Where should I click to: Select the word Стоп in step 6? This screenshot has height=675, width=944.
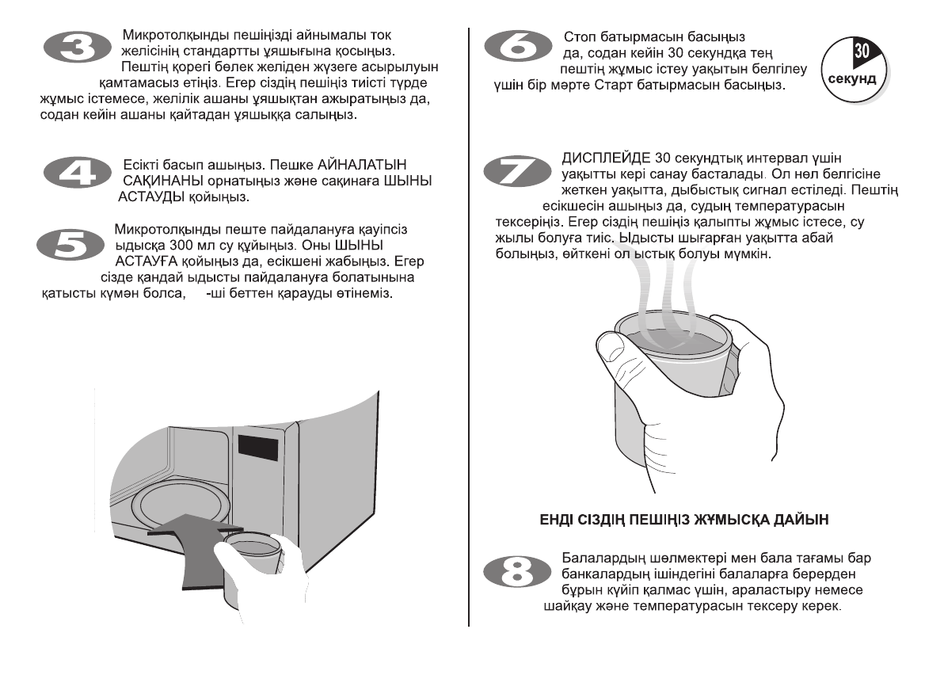(578, 37)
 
